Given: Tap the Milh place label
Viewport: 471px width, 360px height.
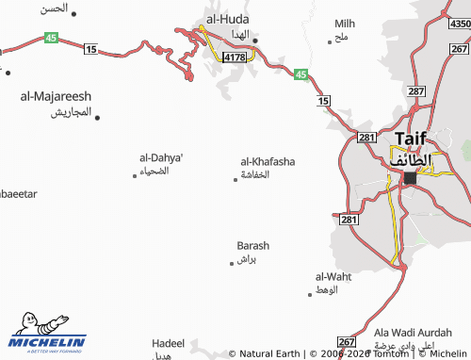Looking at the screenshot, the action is pos(345,23).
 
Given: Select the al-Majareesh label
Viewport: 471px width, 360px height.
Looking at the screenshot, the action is pos(56,96).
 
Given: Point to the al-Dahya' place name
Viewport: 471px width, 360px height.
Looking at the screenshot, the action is pos(161,157).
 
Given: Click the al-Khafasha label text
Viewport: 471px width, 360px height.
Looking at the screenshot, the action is pos(268,161).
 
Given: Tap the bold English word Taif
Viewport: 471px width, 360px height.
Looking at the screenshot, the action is pos(410,138).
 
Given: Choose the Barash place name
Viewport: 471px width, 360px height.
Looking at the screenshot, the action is pos(253,245).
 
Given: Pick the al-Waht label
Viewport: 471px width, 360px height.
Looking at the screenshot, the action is pos(333,276).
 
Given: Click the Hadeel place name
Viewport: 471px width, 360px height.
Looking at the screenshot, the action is pos(168,344).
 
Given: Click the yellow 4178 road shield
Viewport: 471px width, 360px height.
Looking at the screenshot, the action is pos(233,57).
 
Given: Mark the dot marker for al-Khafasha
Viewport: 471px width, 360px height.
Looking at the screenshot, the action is pos(235,179).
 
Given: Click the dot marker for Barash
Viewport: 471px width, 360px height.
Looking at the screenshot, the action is pos(232,263).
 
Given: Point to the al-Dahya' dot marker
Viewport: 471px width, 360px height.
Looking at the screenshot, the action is pos(135,175).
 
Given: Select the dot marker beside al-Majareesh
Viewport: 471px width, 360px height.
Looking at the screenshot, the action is pos(97,118).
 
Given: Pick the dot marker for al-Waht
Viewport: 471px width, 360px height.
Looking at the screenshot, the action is pos(310,294).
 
